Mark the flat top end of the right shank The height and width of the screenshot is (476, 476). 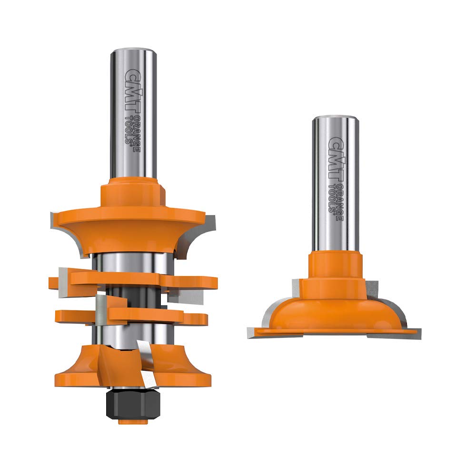(335, 118)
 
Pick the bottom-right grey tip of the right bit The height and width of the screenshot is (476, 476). (415, 333)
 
